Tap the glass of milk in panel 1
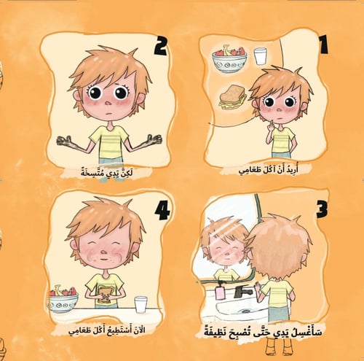(x=261, y=56)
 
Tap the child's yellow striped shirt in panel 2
(x=108, y=139)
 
